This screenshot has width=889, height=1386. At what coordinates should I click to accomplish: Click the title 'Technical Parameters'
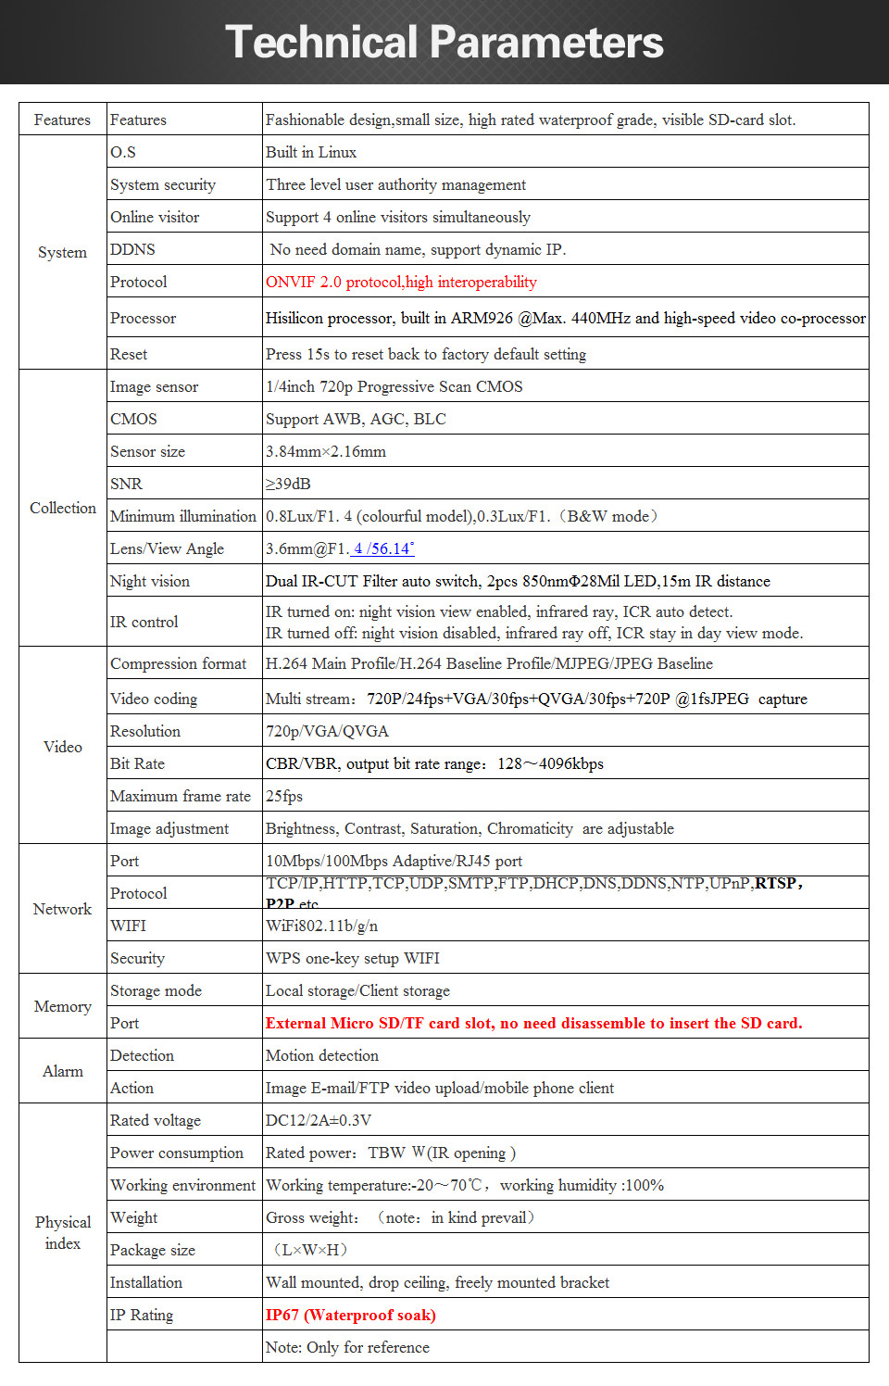(444, 43)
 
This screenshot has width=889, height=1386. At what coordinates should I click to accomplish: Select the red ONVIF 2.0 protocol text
(401, 282)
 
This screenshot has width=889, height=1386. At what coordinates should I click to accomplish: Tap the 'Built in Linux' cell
(311, 152)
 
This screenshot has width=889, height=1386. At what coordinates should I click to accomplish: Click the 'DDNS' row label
(132, 249)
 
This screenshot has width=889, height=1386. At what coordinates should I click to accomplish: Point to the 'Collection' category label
(63, 508)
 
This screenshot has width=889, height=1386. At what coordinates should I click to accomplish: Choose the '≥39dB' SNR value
(288, 484)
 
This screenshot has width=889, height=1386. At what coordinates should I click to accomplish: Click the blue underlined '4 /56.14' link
(383, 548)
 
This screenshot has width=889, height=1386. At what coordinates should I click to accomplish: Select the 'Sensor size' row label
(147, 451)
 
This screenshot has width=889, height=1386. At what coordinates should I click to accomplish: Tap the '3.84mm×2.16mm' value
(326, 451)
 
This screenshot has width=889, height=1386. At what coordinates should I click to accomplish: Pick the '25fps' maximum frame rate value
(284, 796)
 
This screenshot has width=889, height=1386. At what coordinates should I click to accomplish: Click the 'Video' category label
(63, 747)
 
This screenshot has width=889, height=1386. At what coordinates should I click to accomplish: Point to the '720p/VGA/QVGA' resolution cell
(327, 731)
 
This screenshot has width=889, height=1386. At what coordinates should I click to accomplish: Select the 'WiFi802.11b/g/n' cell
(321, 926)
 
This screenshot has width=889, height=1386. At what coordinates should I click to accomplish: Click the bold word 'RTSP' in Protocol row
(776, 883)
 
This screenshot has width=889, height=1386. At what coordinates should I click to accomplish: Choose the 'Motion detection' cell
(322, 1055)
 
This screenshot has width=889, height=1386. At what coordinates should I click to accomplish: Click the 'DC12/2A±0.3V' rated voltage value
(319, 1120)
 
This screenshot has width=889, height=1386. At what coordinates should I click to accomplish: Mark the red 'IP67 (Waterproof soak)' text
(350, 1315)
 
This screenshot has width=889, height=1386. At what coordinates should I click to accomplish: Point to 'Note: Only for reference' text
(347, 1347)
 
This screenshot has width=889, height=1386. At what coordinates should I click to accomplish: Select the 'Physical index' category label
(63, 1232)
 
